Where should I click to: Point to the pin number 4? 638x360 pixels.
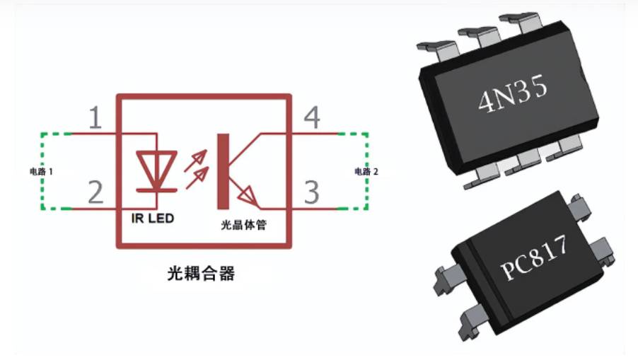(312, 118)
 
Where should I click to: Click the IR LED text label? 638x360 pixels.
(152, 219)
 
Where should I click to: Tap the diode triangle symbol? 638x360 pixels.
(156, 168)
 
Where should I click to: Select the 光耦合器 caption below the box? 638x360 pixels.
(201, 273)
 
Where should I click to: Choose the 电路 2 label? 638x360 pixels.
(366, 171)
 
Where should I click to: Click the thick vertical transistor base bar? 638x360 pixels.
(224, 170)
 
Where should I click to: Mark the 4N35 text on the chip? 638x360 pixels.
(514, 96)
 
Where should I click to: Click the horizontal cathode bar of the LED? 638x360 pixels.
(156, 189)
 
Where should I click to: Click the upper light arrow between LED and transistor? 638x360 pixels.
(198, 157)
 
